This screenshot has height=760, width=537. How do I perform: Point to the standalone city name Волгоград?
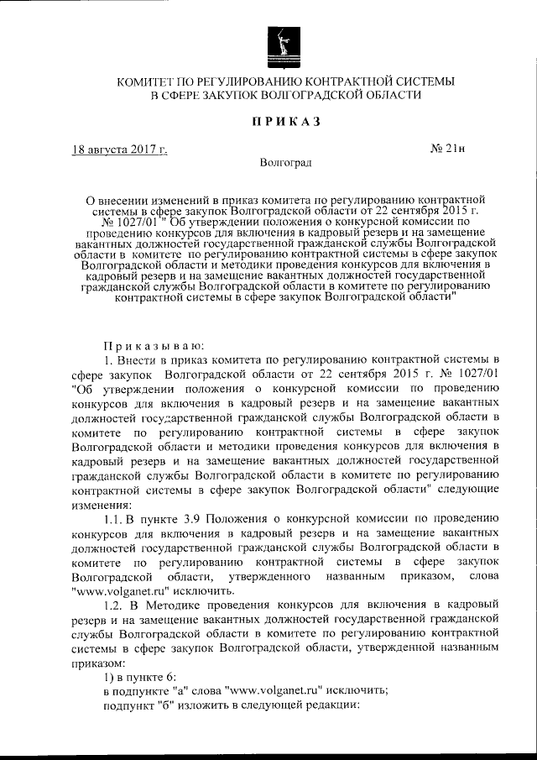[x=285, y=162]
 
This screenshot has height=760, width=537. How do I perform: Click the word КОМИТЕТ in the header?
[x=144, y=81]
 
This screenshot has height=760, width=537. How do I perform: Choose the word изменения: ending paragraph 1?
[x=102, y=506]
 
